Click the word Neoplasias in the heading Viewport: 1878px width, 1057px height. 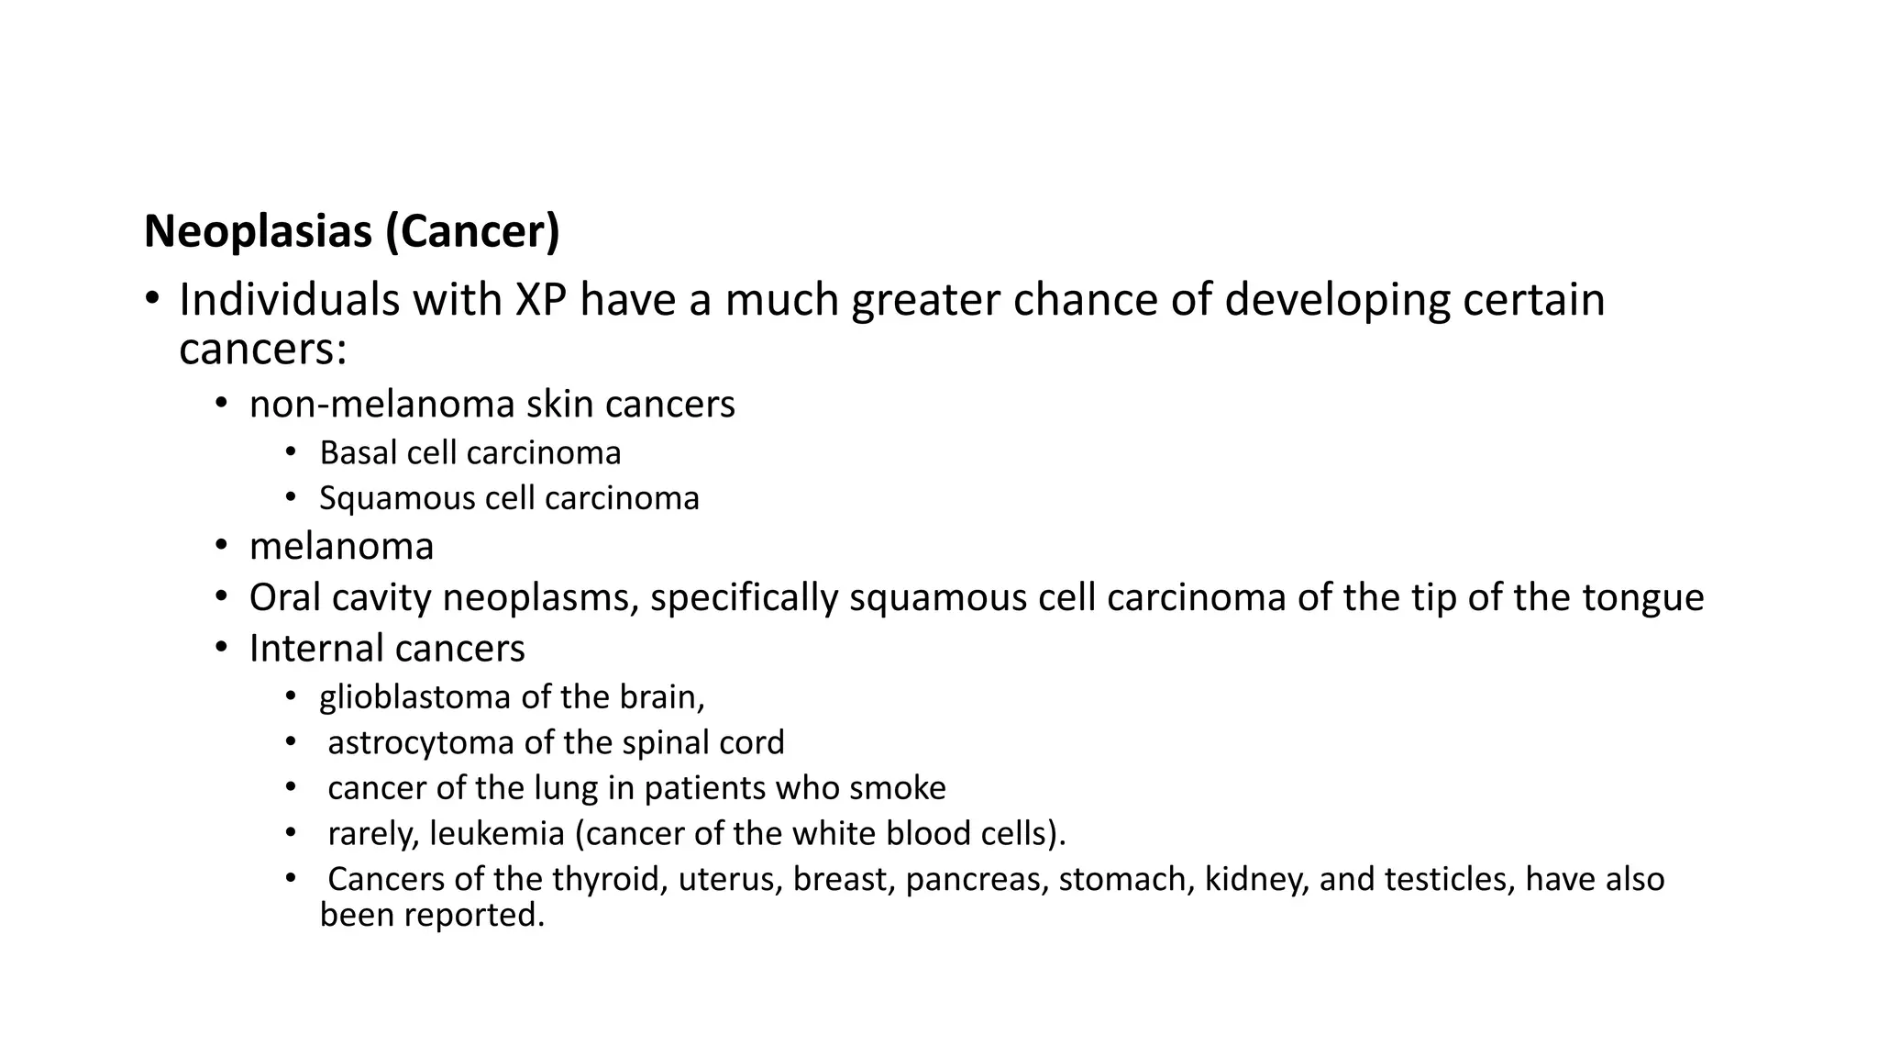point(260,231)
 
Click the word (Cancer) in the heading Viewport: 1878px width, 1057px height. point(472,231)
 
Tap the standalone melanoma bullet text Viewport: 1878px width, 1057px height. point(341,547)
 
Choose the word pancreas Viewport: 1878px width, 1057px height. point(977,880)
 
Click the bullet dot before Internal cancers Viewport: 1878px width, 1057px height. point(221,648)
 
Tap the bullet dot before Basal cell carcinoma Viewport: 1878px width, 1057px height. point(291,451)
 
